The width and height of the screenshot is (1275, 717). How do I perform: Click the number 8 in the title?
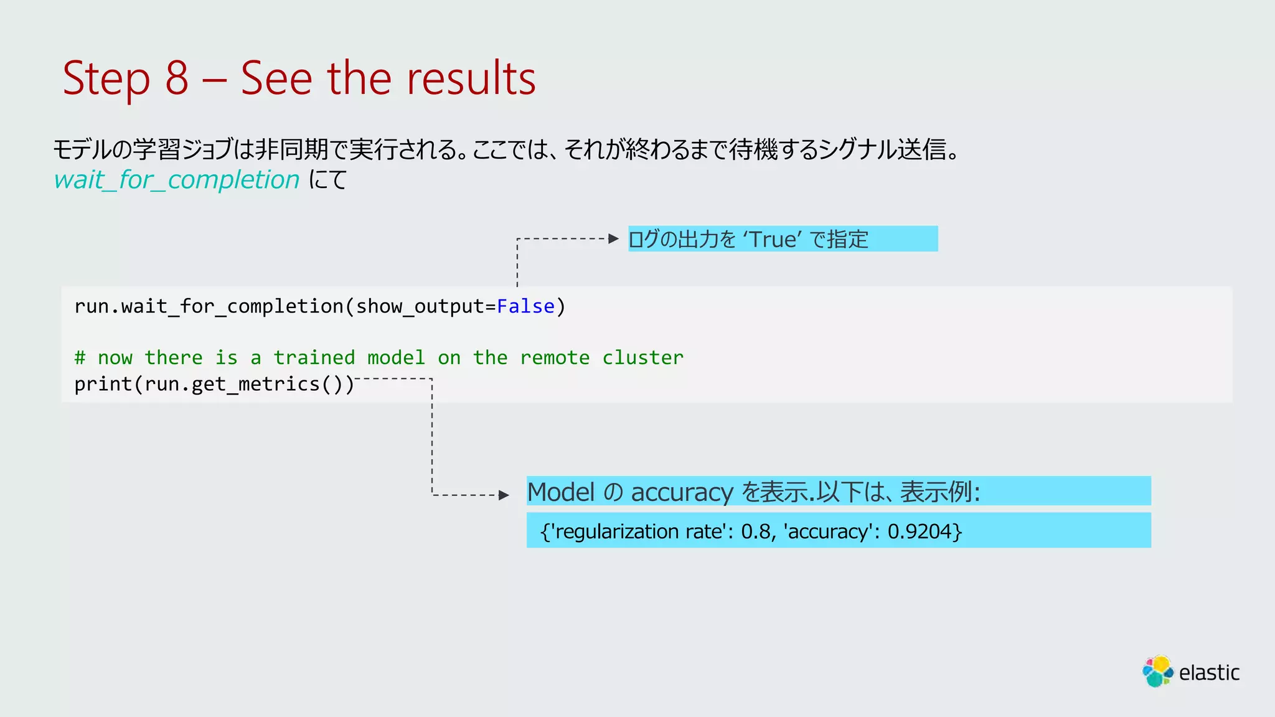coord(177,78)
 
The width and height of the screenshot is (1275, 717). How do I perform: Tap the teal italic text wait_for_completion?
coord(177,180)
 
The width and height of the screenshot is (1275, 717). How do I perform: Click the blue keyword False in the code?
coord(525,306)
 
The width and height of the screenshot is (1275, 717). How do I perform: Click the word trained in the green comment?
coord(314,358)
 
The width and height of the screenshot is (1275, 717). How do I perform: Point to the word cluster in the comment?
coord(642,358)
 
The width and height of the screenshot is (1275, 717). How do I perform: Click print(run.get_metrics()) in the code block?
coord(214,384)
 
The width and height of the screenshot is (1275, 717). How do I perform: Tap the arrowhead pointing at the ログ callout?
coord(614,238)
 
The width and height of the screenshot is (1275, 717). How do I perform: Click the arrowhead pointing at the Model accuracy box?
coord(504,495)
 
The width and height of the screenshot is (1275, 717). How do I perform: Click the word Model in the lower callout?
coord(561,492)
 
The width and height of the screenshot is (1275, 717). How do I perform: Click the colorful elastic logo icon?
coord(1157,672)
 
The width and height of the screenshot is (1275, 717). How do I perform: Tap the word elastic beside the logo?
coord(1209,673)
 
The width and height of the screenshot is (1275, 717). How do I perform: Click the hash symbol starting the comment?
coord(80,358)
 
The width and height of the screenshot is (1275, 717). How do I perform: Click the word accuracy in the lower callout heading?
coord(682,492)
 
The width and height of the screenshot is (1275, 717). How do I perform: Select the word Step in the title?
coord(106,78)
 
